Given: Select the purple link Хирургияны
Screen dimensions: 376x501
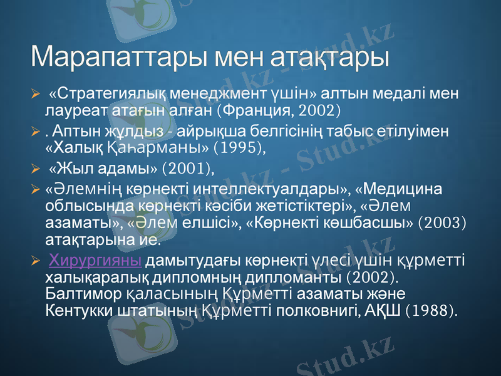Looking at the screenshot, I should click(x=95, y=260).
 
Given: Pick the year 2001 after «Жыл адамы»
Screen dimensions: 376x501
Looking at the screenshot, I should click(x=187, y=167).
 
